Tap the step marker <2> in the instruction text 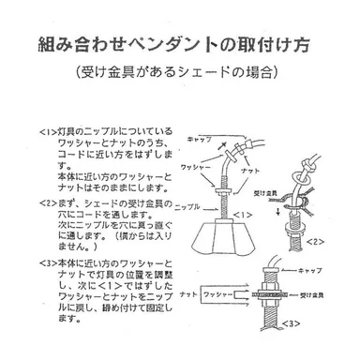pyautogui.click(x=49, y=175)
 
